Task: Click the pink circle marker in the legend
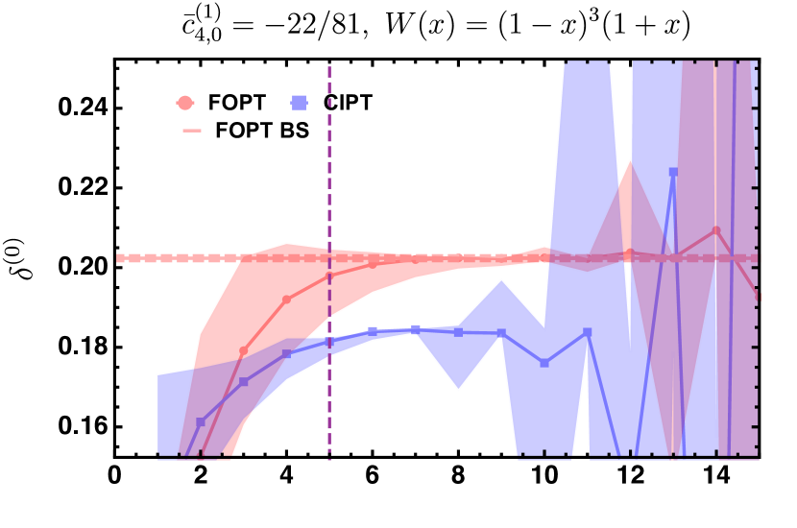click(x=184, y=103)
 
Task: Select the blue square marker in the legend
click(x=299, y=103)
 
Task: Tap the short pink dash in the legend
click(x=192, y=131)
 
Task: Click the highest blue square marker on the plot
click(x=673, y=173)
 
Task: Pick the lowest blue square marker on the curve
click(x=201, y=422)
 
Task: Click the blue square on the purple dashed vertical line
click(x=329, y=342)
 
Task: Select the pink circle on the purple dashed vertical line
click(x=329, y=276)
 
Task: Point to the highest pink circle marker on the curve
click(x=716, y=230)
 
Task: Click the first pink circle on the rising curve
click(x=244, y=351)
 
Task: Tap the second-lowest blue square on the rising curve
click(x=244, y=382)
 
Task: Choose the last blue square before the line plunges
click(x=588, y=332)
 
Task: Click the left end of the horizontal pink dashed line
click(x=120, y=258)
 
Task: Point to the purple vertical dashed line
click(x=329, y=173)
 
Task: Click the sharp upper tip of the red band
click(x=630, y=158)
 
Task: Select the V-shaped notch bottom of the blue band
click(x=459, y=391)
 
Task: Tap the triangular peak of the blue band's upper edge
click(x=501, y=279)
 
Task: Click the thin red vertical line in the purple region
click(x=715, y=144)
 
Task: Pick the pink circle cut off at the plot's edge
click(x=758, y=297)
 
